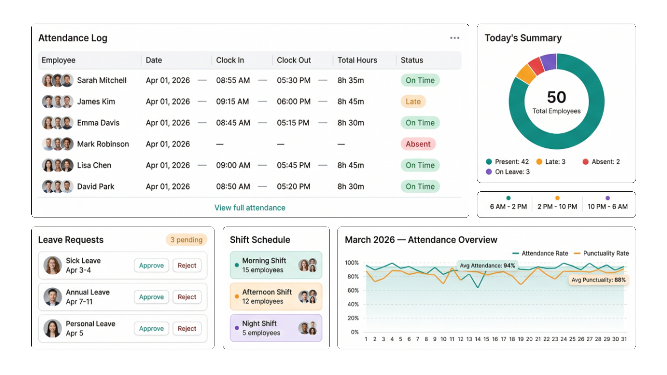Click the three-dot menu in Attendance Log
coord(455,38)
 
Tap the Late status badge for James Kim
coord(413,101)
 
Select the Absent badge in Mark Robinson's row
coord(418,144)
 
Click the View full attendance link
coord(250,208)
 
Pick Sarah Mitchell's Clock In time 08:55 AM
coord(233,80)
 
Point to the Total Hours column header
coord(357,60)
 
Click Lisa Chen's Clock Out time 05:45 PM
coord(293,165)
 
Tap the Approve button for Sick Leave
coord(151,265)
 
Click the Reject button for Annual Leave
coord(187,297)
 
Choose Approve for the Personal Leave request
coord(151,328)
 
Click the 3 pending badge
coord(186,240)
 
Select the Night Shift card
coord(276,328)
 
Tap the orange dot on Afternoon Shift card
coord(237,297)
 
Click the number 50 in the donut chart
coord(557,97)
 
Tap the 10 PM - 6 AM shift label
coord(607,206)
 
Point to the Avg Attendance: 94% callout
coord(487,265)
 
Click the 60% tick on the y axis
coord(353,291)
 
